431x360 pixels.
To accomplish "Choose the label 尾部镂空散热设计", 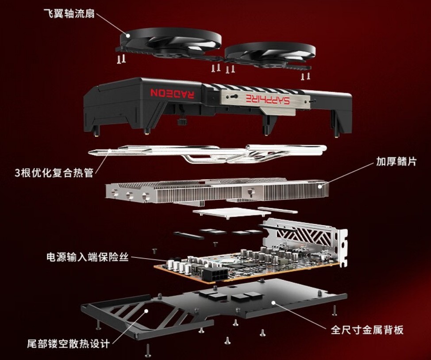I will tap(68, 343).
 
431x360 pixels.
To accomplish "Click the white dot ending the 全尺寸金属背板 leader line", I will tap(275, 303).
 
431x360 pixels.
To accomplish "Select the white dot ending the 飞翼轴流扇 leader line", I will tap(129, 35).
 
